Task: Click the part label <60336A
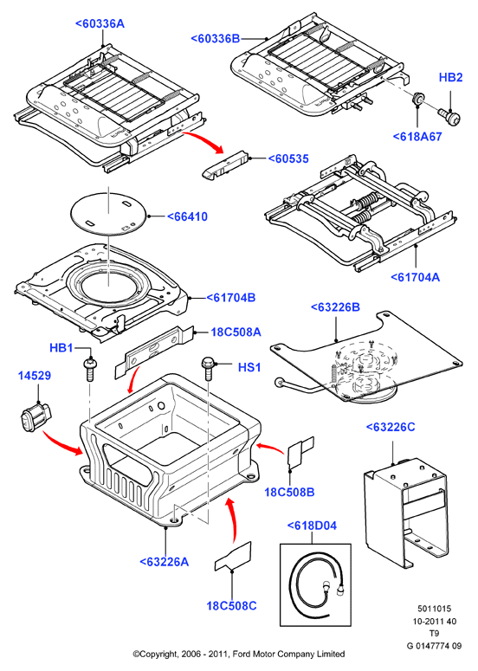100,23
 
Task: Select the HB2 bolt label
450,77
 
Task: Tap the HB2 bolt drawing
449,114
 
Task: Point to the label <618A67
417,137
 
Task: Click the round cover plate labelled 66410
109,213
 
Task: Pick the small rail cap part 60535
224,164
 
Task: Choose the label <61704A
415,277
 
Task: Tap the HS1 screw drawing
208,368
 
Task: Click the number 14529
35,376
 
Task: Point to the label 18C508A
236,332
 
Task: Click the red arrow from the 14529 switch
61,444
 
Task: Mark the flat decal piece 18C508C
233,557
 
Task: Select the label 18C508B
289,492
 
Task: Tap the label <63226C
391,427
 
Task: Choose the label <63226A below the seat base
164,561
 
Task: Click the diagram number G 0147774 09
434,646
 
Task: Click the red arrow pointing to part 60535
205,140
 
